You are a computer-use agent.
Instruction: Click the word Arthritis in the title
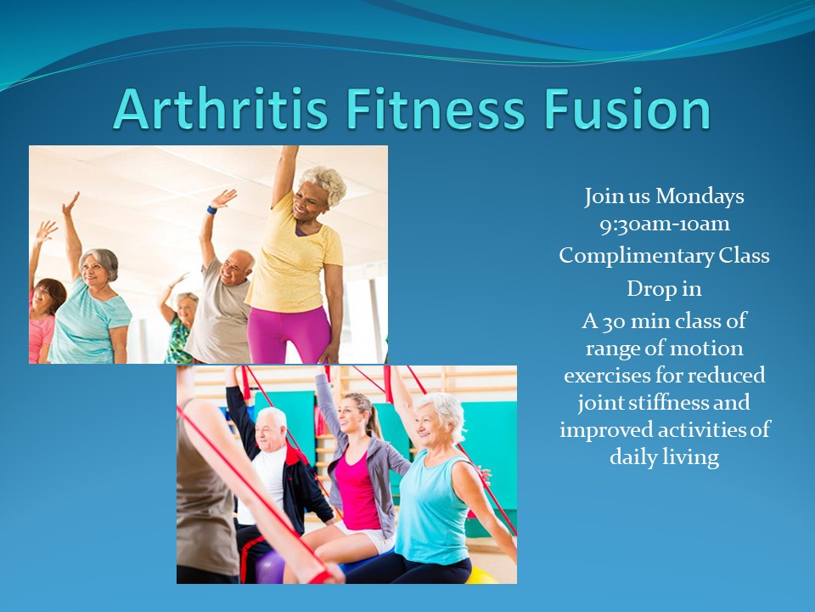[x=221, y=109]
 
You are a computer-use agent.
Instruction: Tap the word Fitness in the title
[x=436, y=109]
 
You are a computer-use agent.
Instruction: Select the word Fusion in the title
[x=627, y=109]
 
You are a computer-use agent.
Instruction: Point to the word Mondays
[x=700, y=196]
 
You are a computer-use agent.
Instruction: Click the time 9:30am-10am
[x=664, y=224]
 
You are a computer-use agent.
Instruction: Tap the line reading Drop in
[x=664, y=288]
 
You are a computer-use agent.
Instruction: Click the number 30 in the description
[x=613, y=321]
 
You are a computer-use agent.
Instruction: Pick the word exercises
[x=606, y=376]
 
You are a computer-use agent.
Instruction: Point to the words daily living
[x=664, y=458]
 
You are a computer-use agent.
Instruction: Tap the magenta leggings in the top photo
[x=289, y=335]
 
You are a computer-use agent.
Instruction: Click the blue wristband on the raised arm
[x=211, y=210]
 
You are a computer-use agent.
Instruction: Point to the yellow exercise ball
[x=481, y=576]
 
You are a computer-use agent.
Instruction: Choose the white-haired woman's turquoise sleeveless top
[x=431, y=507]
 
